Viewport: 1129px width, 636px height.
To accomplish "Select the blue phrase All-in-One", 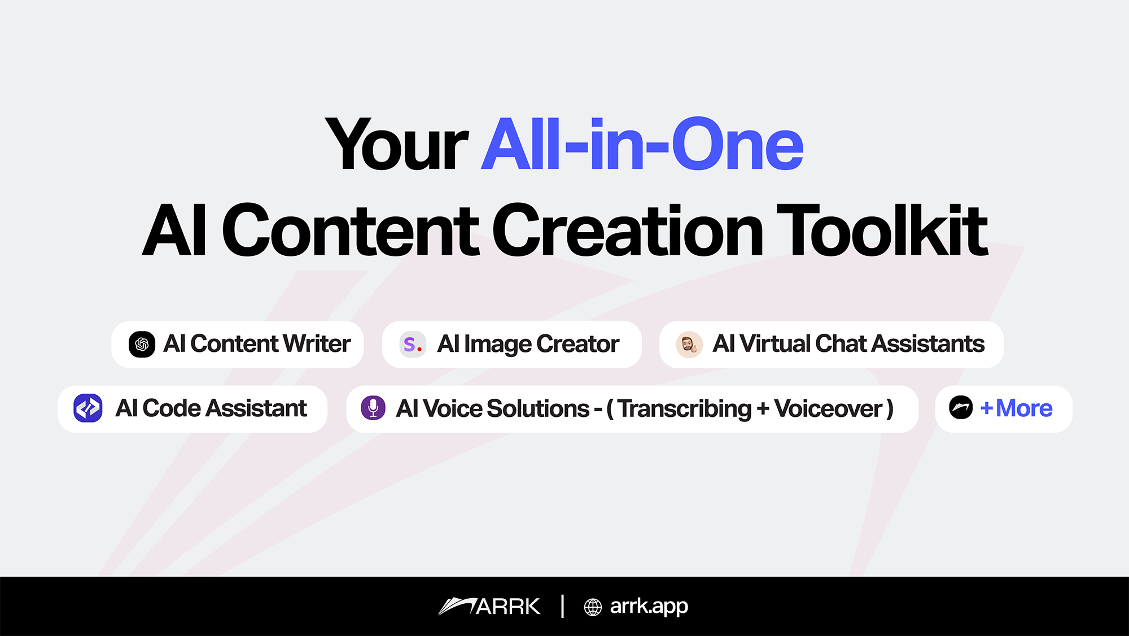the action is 642,143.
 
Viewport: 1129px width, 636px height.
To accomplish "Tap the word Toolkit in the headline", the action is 882,230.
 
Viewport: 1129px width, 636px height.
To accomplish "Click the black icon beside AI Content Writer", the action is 142,344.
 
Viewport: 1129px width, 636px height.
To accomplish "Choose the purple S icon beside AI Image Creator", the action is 413,344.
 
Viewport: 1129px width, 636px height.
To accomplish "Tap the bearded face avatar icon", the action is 689,344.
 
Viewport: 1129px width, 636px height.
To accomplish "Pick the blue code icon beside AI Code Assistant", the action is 88,408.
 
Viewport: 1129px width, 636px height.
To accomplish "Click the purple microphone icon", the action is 373,408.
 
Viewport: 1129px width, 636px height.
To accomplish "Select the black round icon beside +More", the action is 961,407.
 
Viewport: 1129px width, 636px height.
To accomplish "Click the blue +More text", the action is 1016,408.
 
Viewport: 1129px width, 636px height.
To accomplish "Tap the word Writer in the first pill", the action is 317,343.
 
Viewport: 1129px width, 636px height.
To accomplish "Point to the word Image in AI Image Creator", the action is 497,345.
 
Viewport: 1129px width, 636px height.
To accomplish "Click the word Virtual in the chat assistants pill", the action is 775,343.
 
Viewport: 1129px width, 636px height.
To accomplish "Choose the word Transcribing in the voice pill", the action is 685,409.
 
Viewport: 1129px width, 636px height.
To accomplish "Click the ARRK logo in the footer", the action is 489,606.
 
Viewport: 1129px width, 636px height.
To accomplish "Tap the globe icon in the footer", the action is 593,607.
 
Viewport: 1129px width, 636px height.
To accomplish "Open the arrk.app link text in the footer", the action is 649,607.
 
